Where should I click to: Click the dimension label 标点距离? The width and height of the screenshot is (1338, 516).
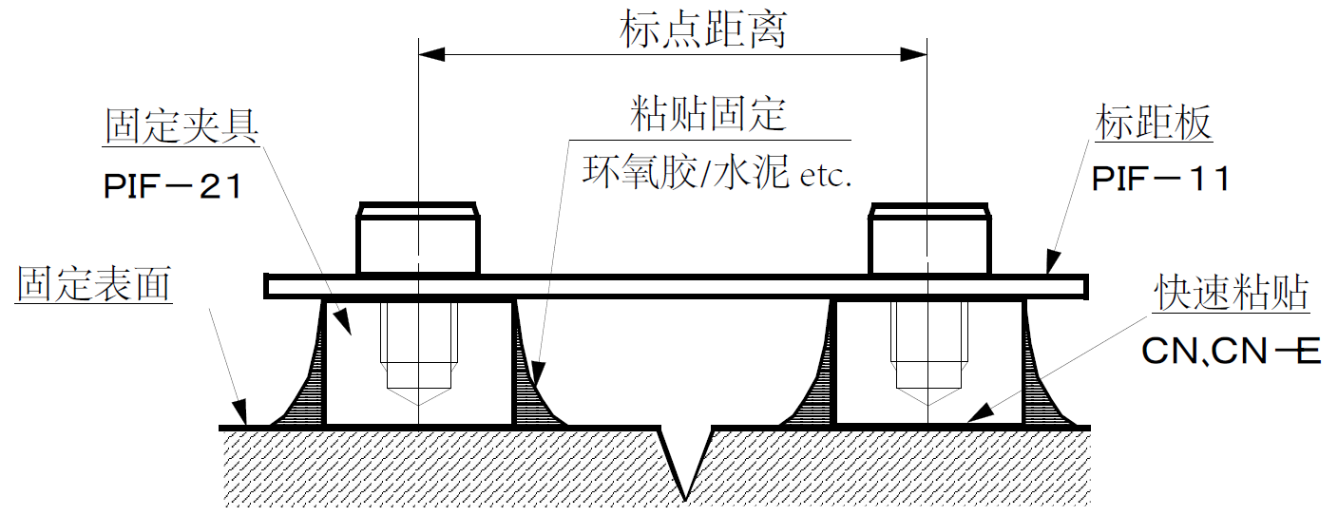tap(703, 30)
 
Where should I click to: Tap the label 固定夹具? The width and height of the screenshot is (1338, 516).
tap(182, 126)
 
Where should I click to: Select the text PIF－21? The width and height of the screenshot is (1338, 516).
tap(173, 185)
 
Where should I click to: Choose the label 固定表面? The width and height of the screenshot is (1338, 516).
tap(94, 284)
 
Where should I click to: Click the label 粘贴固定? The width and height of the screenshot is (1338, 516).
tap(709, 115)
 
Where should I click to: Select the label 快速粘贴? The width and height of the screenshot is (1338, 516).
tap(1232, 295)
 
